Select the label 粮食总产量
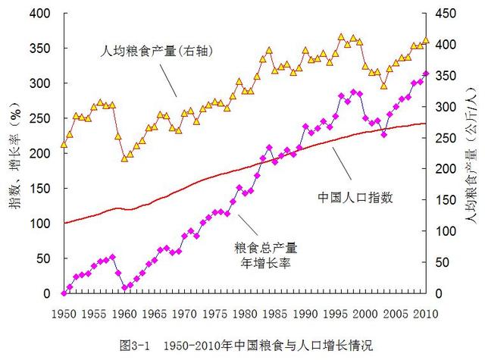[x=266, y=248]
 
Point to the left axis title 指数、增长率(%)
[x=14, y=152]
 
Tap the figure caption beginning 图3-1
[x=246, y=345]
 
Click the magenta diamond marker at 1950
[x=64, y=293]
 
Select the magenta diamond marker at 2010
[x=427, y=74]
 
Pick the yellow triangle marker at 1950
[x=64, y=143]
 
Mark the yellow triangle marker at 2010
[x=427, y=40]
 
